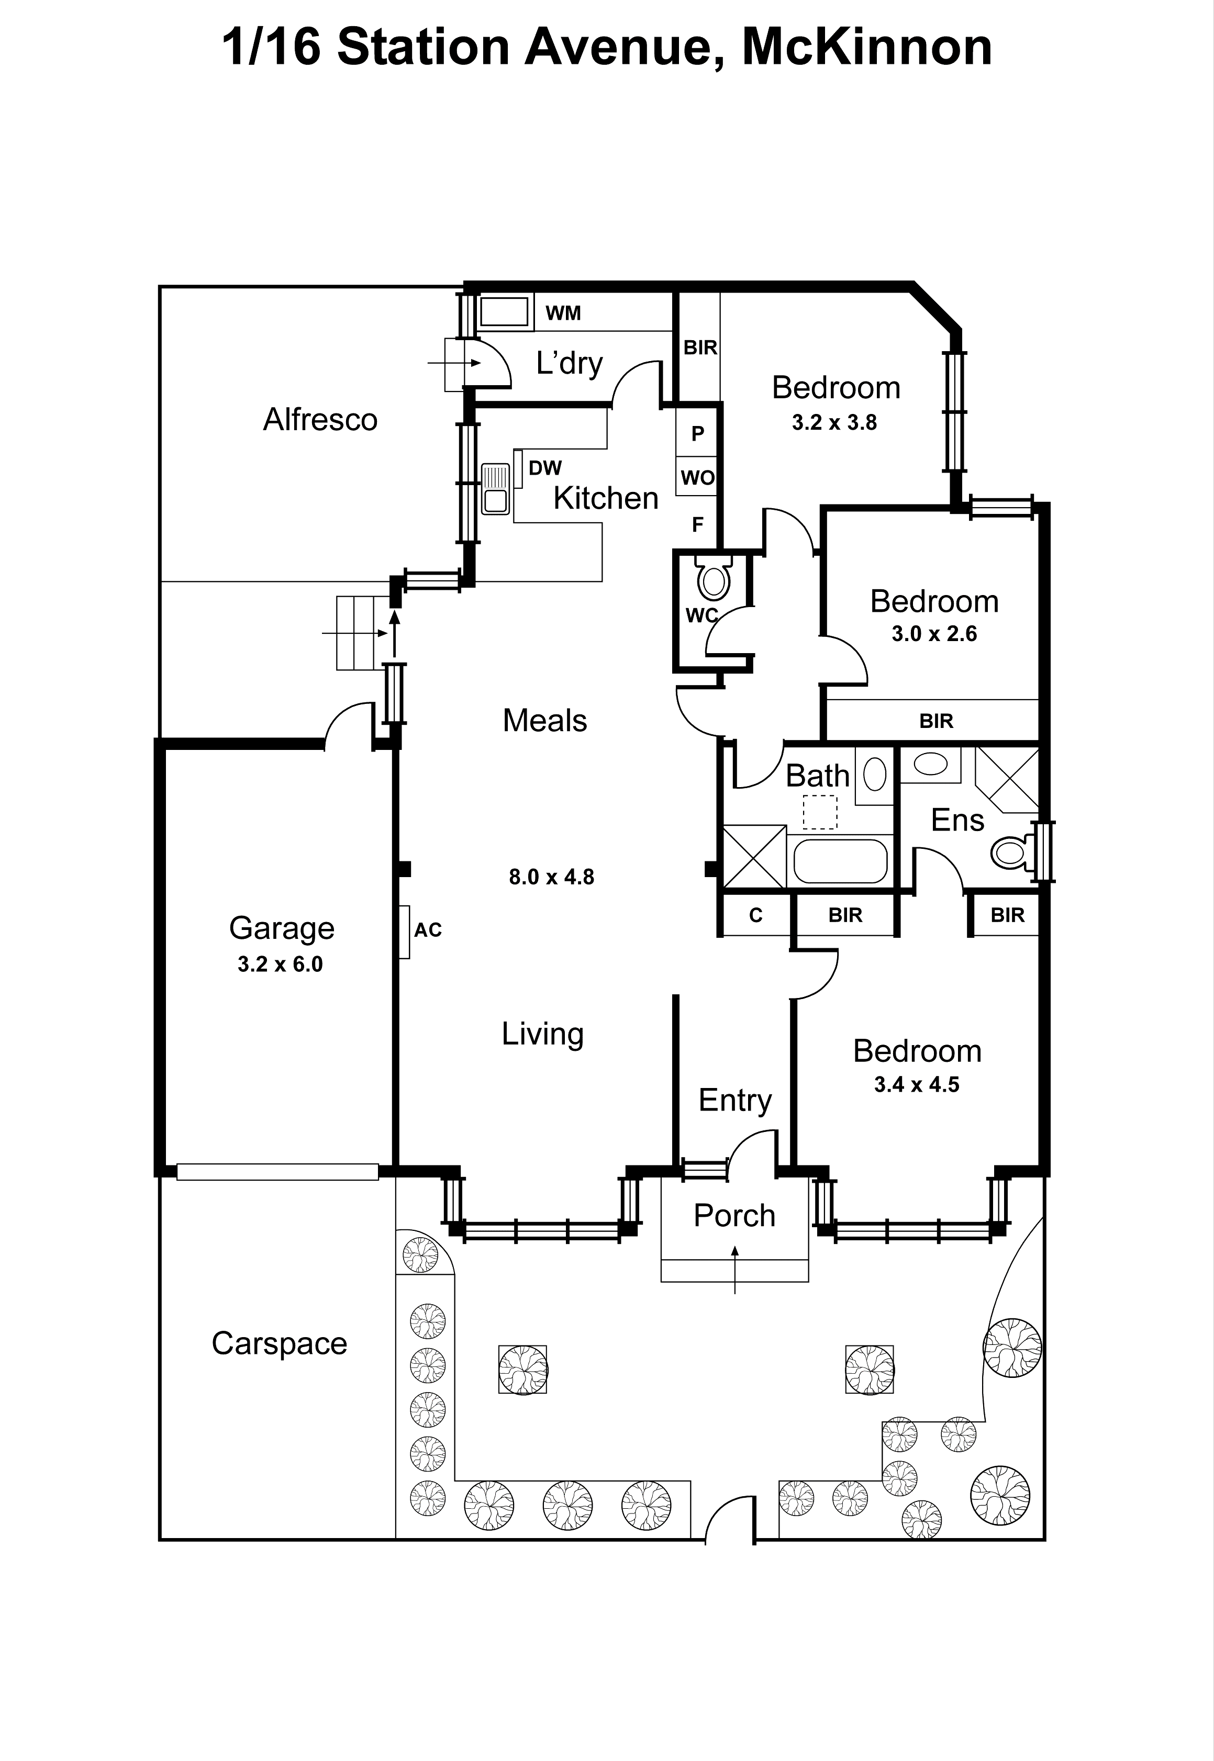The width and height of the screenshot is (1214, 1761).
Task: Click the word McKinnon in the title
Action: pos(866,47)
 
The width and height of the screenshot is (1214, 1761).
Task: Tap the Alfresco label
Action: pos(320,420)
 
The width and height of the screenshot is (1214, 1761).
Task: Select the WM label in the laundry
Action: pos(563,312)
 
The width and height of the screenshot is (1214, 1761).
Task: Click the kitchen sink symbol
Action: pos(495,488)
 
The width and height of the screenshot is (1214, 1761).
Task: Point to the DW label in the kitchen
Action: pos(544,468)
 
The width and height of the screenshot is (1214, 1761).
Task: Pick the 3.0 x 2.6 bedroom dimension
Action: pos(934,633)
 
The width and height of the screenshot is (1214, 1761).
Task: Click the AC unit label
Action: pos(428,929)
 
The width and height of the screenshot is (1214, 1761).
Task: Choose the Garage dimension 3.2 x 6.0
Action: pos(280,964)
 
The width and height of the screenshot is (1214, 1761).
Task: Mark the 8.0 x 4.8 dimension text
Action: pos(551,877)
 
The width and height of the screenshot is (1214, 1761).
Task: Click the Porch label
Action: pos(734,1215)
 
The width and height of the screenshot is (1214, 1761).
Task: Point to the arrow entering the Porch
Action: pos(735,1268)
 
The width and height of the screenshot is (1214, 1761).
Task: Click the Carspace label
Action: pos(279,1343)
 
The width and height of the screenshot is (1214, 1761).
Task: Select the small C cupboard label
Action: pos(755,915)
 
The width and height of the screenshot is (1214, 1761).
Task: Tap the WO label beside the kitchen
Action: pos(697,477)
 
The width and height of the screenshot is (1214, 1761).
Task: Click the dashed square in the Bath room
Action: pos(820,812)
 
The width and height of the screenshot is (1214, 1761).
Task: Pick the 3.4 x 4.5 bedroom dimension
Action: pos(917,1084)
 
